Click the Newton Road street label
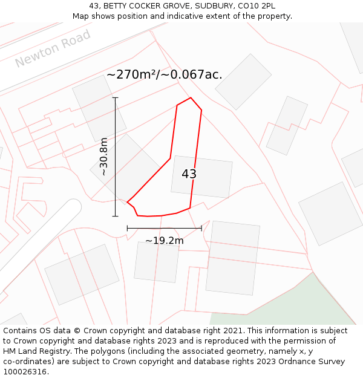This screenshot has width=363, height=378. [x=53, y=48]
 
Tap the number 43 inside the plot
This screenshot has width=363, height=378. [x=189, y=174]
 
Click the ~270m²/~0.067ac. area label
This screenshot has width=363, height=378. [x=164, y=74]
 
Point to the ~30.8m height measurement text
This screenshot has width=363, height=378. [x=103, y=157]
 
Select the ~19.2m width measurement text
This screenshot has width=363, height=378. [x=164, y=241]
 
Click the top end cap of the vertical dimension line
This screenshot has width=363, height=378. [x=115, y=97]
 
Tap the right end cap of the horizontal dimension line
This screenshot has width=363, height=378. [x=201, y=228]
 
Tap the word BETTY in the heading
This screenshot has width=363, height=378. [x=117, y=6]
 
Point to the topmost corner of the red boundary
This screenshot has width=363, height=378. [x=191, y=98]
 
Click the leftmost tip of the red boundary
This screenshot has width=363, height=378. [x=127, y=202]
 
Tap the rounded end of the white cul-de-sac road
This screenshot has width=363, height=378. [x=72, y=209]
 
